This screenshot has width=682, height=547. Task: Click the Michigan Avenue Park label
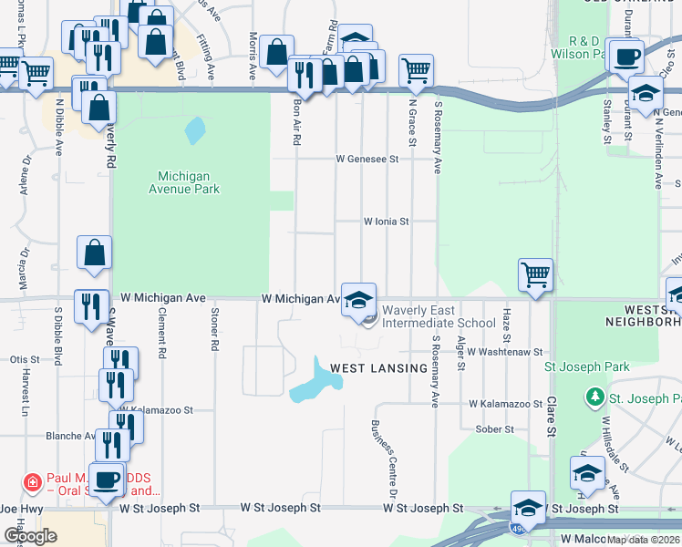(x=189, y=182)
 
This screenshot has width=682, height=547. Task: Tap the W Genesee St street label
(x=367, y=159)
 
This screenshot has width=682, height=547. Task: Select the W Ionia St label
(x=387, y=221)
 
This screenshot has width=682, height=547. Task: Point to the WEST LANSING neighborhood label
(x=378, y=368)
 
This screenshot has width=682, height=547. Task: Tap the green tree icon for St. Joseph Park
(x=595, y=397)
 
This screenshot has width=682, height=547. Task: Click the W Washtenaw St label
(x=505, y=351)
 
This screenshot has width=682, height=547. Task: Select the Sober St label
(x=495, y=428)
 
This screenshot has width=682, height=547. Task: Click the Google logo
(x=30, y=535)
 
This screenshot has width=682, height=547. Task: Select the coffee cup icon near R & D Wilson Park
(x=625, y=56)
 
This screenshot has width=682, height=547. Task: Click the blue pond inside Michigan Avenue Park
(x=195, y=130)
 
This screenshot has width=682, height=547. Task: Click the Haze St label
(x=506, y=319)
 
